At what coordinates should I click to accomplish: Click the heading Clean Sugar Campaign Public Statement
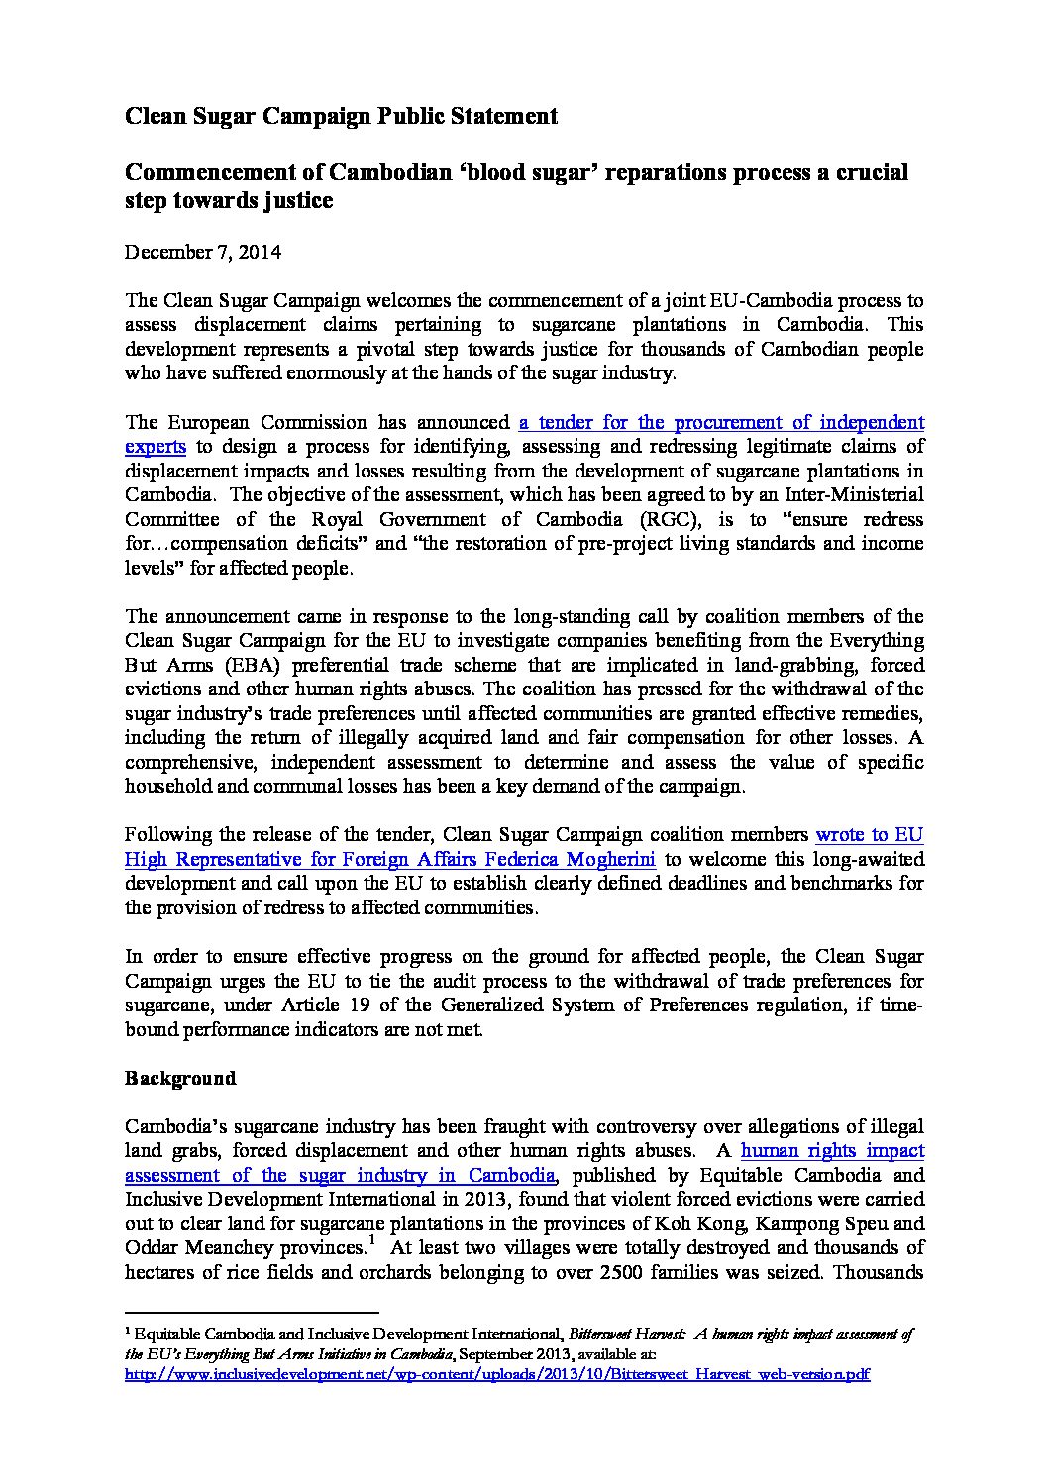(341, 116)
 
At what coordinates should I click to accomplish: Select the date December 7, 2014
(202, 252)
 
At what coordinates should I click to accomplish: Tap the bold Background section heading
(180, 1078)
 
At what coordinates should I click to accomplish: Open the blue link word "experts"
(155, 447)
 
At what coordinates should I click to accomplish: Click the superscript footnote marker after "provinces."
(370, 1240)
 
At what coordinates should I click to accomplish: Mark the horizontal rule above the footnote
(253, 1314)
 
